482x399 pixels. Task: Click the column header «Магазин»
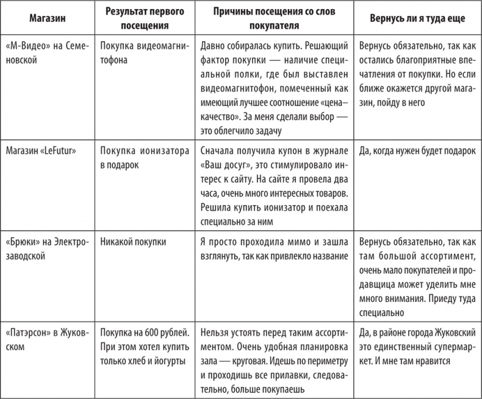pyautogui.click(x=48, y=18)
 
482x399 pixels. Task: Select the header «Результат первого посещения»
pyautogui.click(x=143, y=18)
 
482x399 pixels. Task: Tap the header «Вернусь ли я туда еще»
pyautogui.click(x=418, y=18)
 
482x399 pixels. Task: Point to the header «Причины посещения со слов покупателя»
pyautogui.click(x=274, y=18)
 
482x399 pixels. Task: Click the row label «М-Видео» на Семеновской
pyautogui.click(x=48, y=53)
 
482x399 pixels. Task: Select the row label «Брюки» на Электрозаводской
pyautogui.click(x=48, y=247)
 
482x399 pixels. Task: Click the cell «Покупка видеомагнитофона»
pyautogui.click(x=143, y=53)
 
